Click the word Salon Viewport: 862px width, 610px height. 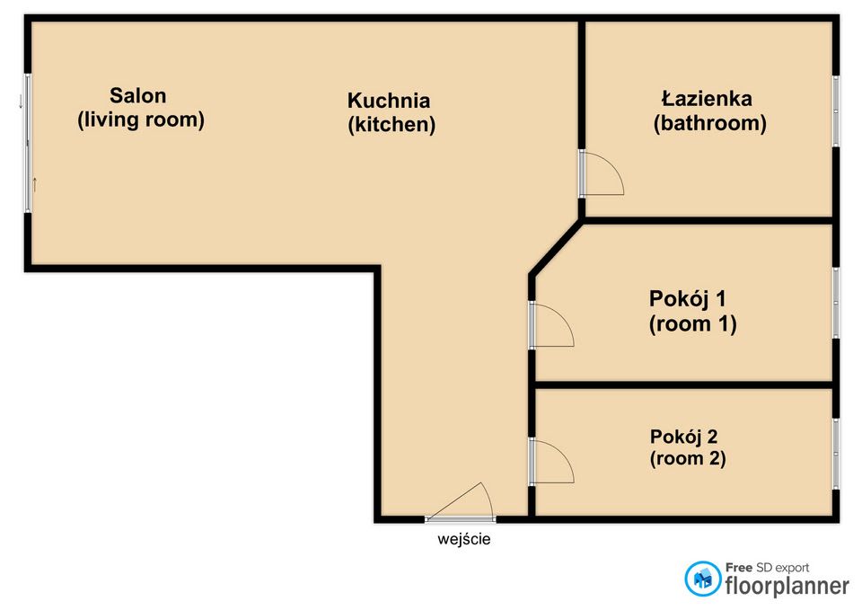click(x=137, y=95)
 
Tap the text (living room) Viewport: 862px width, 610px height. click(x=141, y=119)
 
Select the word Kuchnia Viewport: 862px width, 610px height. click(x=389, y=101)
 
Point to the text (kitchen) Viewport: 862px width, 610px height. click(x=391, y=125)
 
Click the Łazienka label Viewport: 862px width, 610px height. click(x=707, y=98)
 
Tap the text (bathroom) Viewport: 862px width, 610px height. click(x=709, y=123)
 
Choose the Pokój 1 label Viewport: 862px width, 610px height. click(x=687, y=298)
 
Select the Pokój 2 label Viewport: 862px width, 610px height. click(x=683, y=437)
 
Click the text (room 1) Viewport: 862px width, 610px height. click(x=692, y=324)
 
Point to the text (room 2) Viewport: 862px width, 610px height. click(x=688, y=458)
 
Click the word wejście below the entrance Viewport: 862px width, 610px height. click(x=464, y=540)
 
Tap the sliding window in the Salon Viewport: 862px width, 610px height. click(x=28, y=144)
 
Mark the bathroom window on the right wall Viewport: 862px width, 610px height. click(x=835, y=111)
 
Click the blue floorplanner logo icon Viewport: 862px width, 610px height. click(x=703, y=579)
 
